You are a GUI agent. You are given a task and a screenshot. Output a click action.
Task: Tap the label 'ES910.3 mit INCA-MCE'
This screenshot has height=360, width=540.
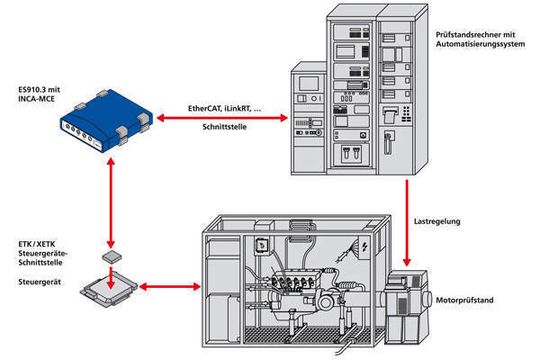[39, 94]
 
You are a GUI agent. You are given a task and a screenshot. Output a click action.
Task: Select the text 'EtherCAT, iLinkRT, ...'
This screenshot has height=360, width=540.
[224, 109]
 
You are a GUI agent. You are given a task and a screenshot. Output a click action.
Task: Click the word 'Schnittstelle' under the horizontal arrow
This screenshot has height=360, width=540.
[224, 127]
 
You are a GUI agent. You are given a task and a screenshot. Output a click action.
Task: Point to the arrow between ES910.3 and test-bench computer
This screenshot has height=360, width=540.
[222, 118]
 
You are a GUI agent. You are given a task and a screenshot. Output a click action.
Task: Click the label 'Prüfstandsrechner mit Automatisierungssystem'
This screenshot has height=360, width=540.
[480, 39]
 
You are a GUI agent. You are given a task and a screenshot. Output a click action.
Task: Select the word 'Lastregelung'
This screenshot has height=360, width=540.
[437, 222]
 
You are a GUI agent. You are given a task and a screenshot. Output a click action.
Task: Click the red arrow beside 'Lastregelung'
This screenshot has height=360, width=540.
[407, 223]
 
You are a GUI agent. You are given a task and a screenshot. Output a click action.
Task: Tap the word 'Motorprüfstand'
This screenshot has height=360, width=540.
[465, 300]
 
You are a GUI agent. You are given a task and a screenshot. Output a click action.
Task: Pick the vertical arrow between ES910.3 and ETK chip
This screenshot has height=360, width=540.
[111, 203]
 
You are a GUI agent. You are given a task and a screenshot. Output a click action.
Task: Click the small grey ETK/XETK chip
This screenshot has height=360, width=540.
[112, 257]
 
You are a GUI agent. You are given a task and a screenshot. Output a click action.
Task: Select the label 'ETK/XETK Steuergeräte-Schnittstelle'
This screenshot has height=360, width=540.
[43, 254]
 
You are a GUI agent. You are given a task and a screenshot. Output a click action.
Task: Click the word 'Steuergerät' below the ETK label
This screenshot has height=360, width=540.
[39, 282]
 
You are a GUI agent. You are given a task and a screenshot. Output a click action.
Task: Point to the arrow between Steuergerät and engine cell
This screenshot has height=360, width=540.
[170, 287]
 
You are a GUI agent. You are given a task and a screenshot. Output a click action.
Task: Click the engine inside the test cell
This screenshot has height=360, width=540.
[303, 289]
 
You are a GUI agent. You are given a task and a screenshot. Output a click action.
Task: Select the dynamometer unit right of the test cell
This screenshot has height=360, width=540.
[407, 307]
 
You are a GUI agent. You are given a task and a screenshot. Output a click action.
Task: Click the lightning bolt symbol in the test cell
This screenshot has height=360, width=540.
[365, 246]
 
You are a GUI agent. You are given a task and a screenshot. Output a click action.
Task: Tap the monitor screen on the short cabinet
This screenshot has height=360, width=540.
[309, 84]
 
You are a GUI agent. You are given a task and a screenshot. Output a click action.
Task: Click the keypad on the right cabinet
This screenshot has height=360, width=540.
[406, 114]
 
